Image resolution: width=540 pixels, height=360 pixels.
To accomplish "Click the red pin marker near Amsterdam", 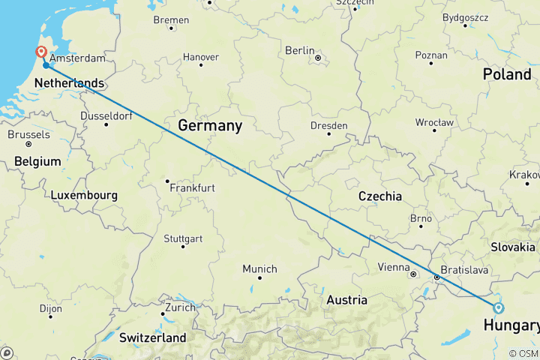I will (40, 52).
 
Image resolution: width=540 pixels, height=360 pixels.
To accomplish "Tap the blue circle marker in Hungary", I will (498, 307).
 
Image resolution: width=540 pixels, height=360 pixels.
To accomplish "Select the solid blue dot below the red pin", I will (46, 65).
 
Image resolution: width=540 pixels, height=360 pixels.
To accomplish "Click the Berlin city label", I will (299, 50).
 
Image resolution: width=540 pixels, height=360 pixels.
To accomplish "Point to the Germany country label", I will (209, 126).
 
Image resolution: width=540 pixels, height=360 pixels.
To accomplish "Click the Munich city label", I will (259, 268).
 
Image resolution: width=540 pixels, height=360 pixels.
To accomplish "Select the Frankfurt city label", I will (192, 187).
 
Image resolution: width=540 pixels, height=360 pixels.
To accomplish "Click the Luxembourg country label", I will (84, 195).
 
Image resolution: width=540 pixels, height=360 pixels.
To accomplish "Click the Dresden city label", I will (330, 125).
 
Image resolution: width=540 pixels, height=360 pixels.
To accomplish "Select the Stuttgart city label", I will (183, 239).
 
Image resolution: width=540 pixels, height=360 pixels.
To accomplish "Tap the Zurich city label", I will (181, 307).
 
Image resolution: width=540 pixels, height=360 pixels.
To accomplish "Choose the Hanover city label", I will (201, 57).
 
